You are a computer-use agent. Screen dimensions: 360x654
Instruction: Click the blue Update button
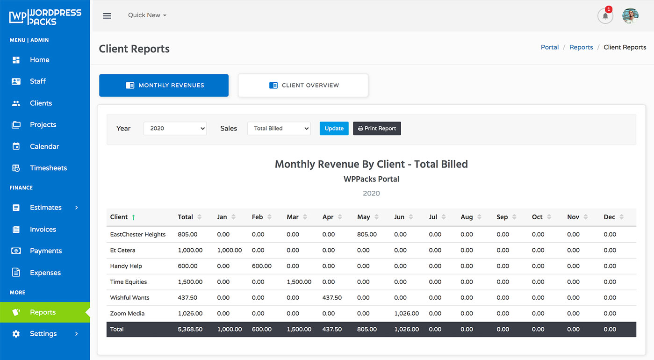pos(334,129)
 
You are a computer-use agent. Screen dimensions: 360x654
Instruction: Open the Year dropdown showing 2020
pos(175,129)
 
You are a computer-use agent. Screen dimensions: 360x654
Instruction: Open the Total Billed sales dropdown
pos(279,129)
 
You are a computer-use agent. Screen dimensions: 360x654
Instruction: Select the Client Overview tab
pos(303,86)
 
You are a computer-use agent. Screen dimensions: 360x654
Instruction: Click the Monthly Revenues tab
pos(164,86)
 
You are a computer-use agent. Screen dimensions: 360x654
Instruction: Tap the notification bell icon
pos(605,16)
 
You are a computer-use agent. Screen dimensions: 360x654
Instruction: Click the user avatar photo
pos(630,16)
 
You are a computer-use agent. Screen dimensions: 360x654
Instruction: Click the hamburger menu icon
pos(107,16)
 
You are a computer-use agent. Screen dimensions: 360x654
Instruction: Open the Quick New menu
pos(147,15)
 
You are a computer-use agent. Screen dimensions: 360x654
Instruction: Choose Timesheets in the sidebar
pos(48,168)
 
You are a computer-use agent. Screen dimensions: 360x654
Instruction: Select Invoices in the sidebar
pos(43,229)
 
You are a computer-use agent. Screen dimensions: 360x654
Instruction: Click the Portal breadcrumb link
pos(550,47)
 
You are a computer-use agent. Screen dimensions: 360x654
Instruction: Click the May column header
pos(363,217)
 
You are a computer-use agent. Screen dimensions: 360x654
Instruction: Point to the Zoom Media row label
pos(127,313)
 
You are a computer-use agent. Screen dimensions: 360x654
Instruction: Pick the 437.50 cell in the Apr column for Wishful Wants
pos(332,297)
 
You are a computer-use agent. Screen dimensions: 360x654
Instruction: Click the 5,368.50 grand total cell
pos(190,329)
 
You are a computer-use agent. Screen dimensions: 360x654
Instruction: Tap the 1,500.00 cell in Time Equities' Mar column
pos(299,282)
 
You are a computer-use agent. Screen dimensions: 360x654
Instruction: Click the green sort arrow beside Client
pos(133,217)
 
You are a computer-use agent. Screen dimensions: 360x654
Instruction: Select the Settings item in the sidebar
pos(43,333)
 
